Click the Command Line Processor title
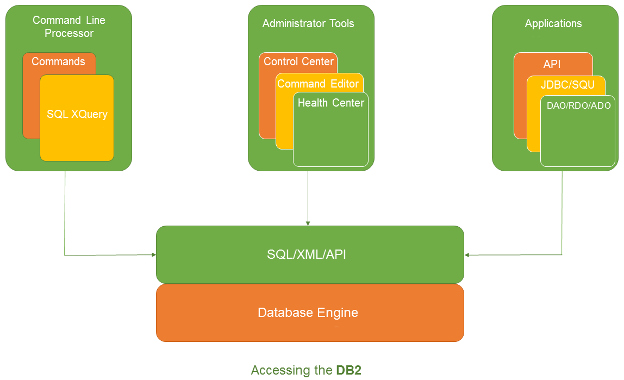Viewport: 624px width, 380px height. (69, 27)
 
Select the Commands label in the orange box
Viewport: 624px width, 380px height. (58, 61)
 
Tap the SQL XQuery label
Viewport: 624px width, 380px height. (77, 114)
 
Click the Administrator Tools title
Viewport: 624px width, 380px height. (308, 23)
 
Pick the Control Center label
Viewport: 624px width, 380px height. (298, 61)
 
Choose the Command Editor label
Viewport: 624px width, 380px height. (318, 84)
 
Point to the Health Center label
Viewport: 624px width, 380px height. (331, 103)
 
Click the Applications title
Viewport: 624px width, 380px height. (553, 23)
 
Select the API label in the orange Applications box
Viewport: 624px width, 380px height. (552, 64)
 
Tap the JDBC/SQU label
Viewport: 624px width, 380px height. (567, 85)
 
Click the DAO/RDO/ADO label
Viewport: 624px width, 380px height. (579, 105)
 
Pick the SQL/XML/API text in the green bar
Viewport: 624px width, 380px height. (307, 254)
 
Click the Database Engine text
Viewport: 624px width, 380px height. (308, 313)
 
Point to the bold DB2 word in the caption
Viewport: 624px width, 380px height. (348, 370)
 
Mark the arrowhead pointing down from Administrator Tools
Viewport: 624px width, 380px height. (308, 223)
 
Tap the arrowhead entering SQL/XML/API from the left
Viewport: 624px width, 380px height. (153, 254)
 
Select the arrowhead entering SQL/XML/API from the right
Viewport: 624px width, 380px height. (467, 254)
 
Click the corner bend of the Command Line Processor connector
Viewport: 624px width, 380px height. (65, 254)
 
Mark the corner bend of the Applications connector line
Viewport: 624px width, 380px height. (562, 254)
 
